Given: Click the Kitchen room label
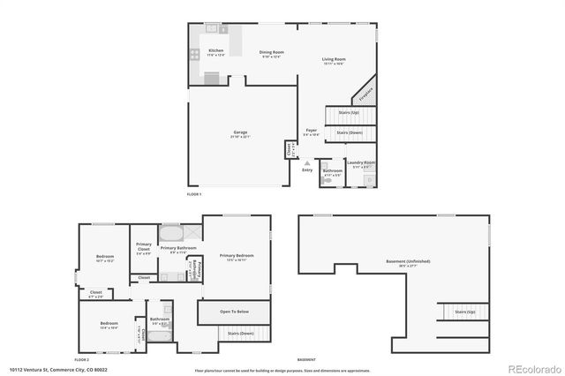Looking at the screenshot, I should point(215,51).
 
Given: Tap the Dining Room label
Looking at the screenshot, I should point(270,51).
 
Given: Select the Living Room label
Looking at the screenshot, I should point(334,60).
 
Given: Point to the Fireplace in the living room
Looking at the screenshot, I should point(363,94).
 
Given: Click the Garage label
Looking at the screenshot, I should point(239,132).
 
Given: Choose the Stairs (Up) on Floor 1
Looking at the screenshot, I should point(348,113).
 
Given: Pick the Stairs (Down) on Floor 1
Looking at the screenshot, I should point(348,132).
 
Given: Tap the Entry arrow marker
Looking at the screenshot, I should point(307,163).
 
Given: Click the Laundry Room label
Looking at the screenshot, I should point(361,162).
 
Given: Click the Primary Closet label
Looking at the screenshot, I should point(143,249).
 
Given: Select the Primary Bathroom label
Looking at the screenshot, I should point(177,248).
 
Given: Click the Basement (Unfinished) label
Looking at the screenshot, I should point(410,262).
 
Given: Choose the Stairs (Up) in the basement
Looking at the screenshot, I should point(464,312).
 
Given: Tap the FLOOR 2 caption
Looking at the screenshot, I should point(81,360).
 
